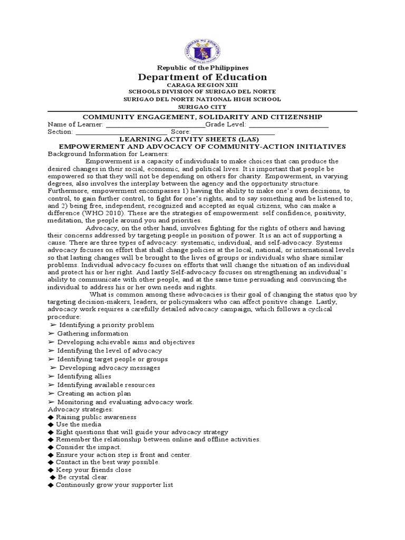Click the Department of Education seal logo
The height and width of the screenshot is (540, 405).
(x=202, y=44)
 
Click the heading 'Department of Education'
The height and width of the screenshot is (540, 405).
(x=202, y=77)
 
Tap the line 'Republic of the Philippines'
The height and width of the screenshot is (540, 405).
(x=202, y=67)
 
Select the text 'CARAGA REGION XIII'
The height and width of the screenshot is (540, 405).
(x=202, y=85)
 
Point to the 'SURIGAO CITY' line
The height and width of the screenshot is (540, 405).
(x=202, y=105)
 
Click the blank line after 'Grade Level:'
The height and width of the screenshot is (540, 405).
(x=288, y=124)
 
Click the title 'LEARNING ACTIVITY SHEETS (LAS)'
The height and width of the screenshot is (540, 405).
(x=202, y=139)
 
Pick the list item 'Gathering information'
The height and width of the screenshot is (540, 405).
(x=92, y=333)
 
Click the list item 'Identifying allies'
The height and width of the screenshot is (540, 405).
(x=84, y=376)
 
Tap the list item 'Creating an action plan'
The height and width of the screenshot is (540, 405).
(x=94, y=393)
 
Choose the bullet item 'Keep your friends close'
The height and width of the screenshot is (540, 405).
(x=93, y=469)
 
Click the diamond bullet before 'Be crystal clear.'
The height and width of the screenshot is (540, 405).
(x=52, y=477)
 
